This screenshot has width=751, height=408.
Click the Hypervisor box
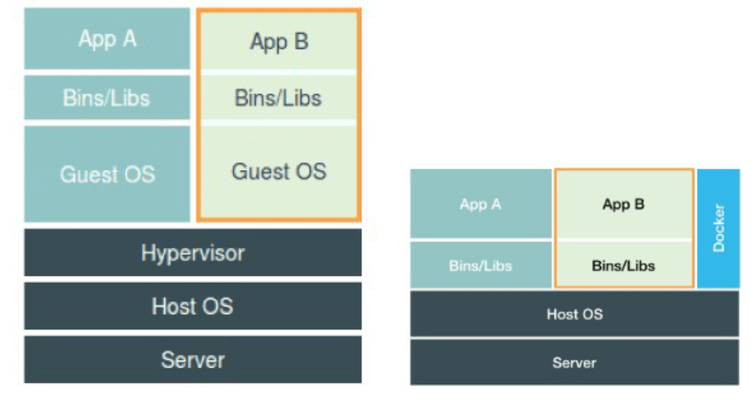point(192,252)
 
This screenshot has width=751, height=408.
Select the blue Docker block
point(719,228)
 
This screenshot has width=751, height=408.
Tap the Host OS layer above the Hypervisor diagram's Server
point(192,306)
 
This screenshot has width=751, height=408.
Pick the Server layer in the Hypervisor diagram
point(192,360)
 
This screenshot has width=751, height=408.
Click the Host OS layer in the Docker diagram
point(575,314)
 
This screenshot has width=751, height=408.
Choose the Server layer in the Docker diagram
point(575,362)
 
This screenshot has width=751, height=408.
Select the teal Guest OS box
point(107,174)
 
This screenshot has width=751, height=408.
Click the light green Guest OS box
point(279,172)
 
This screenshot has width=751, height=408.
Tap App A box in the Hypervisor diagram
point(107,39)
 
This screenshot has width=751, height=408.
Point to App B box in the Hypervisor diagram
point(279,41)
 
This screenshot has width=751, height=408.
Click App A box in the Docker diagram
point(480,204)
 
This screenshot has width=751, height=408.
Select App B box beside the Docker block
point(624,204)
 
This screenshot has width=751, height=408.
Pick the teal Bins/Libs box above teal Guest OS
point(107,98)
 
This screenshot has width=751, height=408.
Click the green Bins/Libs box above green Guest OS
point(279,98)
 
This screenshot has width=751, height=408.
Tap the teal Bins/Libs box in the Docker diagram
point(480,265)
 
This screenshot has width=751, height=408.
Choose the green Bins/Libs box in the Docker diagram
point(624,265)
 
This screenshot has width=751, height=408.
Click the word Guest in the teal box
point(87,174)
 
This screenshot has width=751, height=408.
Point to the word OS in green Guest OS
point(310,171)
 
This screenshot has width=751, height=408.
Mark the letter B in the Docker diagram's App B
point(640,204)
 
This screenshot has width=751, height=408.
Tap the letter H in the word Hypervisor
point(148,252)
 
